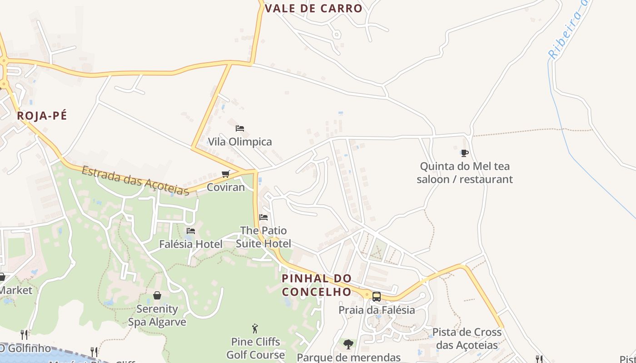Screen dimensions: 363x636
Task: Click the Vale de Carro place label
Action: tap(313, 8)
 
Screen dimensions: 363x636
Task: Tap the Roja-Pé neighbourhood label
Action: tap(42, 116)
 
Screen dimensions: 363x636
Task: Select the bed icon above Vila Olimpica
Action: tap(240, 128)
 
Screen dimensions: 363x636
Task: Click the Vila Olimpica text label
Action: tap(240, 142)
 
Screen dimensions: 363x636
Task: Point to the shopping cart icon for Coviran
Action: tap(225, 174)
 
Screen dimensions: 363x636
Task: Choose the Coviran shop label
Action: tap(226, 187)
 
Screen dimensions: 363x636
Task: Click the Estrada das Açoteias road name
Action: tap(135, 181)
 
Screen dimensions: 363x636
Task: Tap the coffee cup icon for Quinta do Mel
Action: tap(464, 153)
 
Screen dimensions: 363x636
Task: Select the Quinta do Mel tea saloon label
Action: tap(465, 172)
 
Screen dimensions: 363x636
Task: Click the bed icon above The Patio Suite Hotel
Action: tap(263, 217)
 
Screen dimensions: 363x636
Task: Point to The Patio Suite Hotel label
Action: tap(263, 237)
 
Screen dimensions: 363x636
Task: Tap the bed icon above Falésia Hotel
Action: tap(191, 231)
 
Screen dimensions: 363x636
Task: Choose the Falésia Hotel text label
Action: tap(191, 244)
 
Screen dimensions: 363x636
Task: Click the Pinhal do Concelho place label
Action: tap(317, 285)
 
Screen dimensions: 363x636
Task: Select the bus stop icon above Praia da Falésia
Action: tap(377, 297)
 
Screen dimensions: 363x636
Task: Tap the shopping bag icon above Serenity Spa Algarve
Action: tap(157, 296)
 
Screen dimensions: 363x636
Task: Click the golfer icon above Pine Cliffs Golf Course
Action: tap(255, 329)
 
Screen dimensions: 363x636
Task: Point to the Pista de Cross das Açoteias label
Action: tap(467, 338)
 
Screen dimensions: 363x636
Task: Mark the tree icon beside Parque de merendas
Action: tap(348, 344)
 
